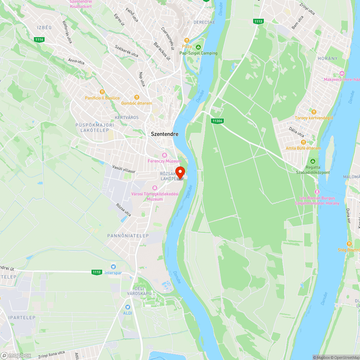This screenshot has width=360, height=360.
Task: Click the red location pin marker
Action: point(180,171)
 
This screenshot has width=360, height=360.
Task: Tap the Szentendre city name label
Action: point(165,134)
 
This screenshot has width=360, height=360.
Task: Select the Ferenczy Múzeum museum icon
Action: point(165,155)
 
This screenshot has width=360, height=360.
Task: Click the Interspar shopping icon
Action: point(113,267)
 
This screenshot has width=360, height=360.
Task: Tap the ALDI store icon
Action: point(127,307)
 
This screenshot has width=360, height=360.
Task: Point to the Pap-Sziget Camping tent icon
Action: point(198,47)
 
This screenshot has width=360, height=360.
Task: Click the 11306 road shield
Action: point(217,121)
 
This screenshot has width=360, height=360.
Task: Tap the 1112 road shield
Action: point(97,272)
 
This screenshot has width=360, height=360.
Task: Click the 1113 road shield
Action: point(258,21)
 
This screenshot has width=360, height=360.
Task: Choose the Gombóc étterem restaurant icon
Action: point(136,97)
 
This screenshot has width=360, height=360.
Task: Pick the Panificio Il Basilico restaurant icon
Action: point(102,92)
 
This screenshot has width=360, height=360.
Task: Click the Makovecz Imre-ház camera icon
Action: point(342,73)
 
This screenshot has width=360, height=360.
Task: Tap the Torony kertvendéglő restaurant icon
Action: point(314,112)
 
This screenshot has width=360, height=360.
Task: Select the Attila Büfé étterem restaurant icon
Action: point(303,142)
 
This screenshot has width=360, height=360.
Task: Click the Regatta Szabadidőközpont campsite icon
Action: point(313,161)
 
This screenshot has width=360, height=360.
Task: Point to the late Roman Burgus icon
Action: point(317,192)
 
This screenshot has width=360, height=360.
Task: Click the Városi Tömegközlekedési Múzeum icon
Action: point(155,188)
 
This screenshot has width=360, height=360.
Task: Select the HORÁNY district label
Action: point(328,58)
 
